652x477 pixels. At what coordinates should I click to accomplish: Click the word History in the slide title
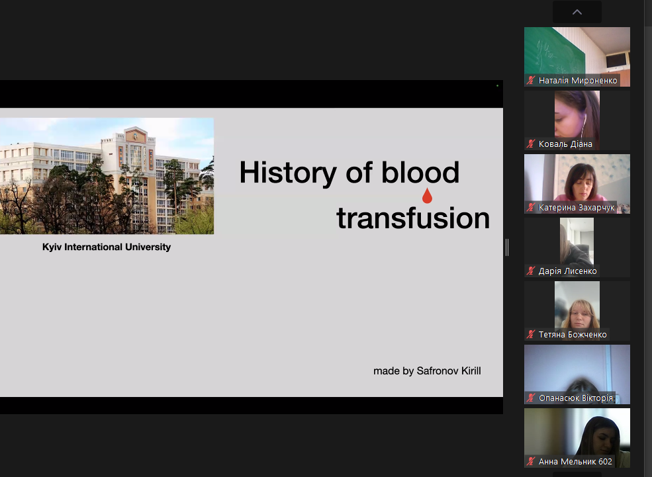[288, 173]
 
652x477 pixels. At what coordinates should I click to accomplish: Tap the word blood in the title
[420, 171]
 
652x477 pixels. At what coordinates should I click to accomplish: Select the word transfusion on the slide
[413, 218]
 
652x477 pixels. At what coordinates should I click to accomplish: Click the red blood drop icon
[427, 196]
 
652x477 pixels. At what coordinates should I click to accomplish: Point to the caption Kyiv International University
[107, 247]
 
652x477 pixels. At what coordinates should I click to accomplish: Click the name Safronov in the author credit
[437, 370]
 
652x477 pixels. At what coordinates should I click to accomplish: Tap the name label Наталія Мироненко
[578, 81]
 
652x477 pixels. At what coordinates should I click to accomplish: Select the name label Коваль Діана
[565, 144]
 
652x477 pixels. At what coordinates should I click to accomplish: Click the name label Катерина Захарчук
[577, 208]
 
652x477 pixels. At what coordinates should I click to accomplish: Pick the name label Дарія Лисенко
[567, 271]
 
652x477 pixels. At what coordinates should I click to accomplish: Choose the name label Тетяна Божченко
[573, 335]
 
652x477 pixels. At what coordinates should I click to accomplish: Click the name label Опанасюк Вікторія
[576, 398]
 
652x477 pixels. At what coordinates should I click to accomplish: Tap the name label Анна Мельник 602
[575, 462]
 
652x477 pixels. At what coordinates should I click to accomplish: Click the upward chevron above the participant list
[577, 12]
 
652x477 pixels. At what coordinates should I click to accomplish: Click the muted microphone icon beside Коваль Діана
[531, 144]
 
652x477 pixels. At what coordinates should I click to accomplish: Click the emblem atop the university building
[135, 136]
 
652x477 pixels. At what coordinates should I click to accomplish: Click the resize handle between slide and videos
[507, 247]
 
